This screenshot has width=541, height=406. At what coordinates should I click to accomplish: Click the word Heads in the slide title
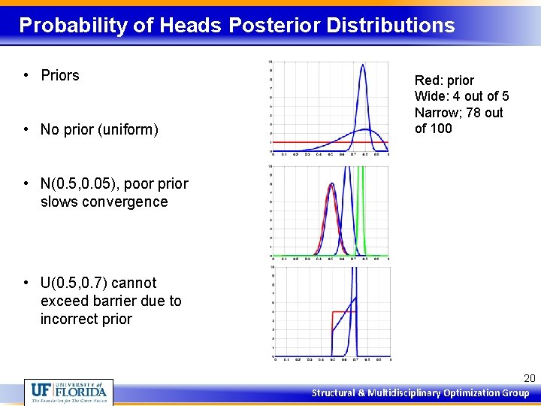(x=189, y=26)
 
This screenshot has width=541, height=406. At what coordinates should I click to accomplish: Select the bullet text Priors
(x=60, y=75)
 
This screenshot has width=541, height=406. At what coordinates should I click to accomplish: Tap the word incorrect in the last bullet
(x=68, y=319)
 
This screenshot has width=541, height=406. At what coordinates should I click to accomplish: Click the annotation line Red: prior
(x=444, y=80)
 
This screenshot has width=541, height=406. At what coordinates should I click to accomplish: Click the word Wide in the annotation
(x=429, y=96)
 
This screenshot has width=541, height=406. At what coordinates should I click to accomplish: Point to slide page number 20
(x=528, y=378)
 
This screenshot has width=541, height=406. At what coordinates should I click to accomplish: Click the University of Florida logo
(x=69, y=392)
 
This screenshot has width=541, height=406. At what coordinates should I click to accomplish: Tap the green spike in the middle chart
(x=361, y=211)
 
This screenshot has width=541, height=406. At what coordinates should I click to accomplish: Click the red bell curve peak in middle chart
(x=331, y=185)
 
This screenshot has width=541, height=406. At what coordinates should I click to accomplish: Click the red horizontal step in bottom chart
(x=343, y=311)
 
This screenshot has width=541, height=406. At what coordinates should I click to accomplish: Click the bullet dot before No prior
(x=26, y=130)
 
